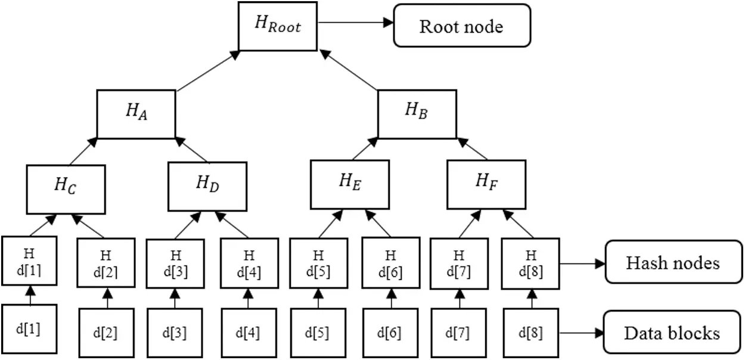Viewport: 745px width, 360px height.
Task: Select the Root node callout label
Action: [x=461, y=26]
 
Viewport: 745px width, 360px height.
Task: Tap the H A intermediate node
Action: [x=136, y=113]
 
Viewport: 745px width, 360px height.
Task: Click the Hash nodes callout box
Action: [x=672, y=262]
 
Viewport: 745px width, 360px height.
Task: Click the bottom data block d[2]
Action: [x=108, y=333]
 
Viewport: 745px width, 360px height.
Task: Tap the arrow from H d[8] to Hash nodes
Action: [x=582, y=262]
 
